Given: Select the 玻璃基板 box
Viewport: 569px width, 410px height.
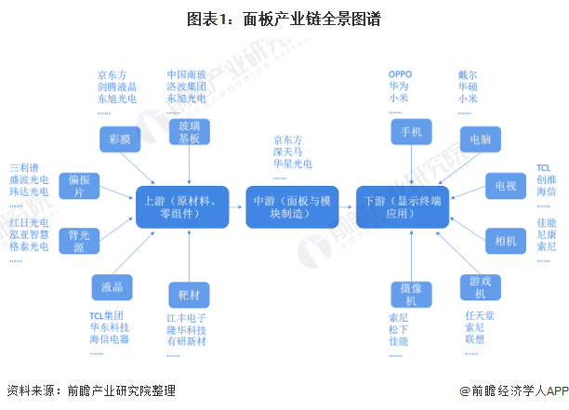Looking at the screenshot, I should (x=189, y=132).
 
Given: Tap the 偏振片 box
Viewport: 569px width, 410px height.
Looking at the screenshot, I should (x=78, y=185).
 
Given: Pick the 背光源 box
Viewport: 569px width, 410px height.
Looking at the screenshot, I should (x=78, y=240).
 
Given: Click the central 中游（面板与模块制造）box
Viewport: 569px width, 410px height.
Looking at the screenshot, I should (x=292, y=207).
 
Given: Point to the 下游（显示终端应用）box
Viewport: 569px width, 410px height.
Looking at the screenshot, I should (x=403, y=207).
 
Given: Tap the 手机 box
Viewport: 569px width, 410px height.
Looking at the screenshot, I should (x=410, y=132).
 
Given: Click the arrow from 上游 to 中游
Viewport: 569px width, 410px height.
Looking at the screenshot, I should (x=236, y=207).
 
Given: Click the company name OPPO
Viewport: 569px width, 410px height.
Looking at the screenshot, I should (x=400, y=73).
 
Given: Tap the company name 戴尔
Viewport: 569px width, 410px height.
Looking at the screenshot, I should (x=468, y=73).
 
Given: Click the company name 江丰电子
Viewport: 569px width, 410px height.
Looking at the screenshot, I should (x=186, y=318).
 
